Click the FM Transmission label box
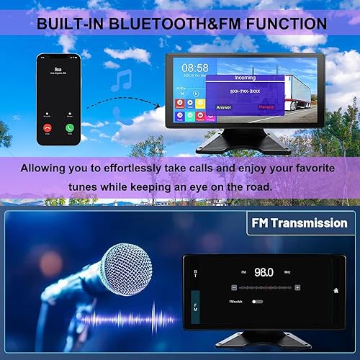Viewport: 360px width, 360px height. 297,223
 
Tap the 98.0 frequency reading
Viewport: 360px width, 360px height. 264,273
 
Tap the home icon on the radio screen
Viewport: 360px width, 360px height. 335,291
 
